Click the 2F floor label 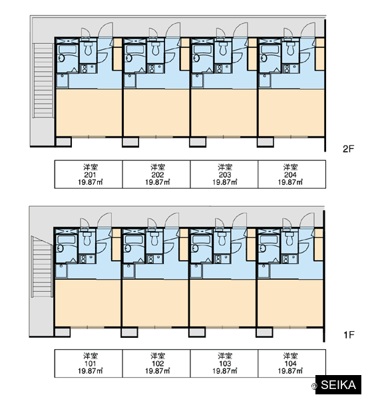(348, 148)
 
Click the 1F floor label (349, 335)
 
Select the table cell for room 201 (89, 174)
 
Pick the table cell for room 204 (291, 174)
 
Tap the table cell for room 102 (156, 363)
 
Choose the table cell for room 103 (224, 363)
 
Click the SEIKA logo (338, 385)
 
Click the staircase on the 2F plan (43, 80)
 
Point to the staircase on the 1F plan (42, 267)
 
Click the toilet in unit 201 (88, 49)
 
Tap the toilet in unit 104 (289, 239)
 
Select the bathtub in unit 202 (134, 50)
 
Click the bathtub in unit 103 (201, 239)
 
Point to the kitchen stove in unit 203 (223, 68)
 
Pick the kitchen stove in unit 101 (87, 259)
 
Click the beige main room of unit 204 (291, 112)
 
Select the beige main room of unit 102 (155, 303)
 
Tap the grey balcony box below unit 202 (130, 142)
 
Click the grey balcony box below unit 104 (264, 332)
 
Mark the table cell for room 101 (89, 363)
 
